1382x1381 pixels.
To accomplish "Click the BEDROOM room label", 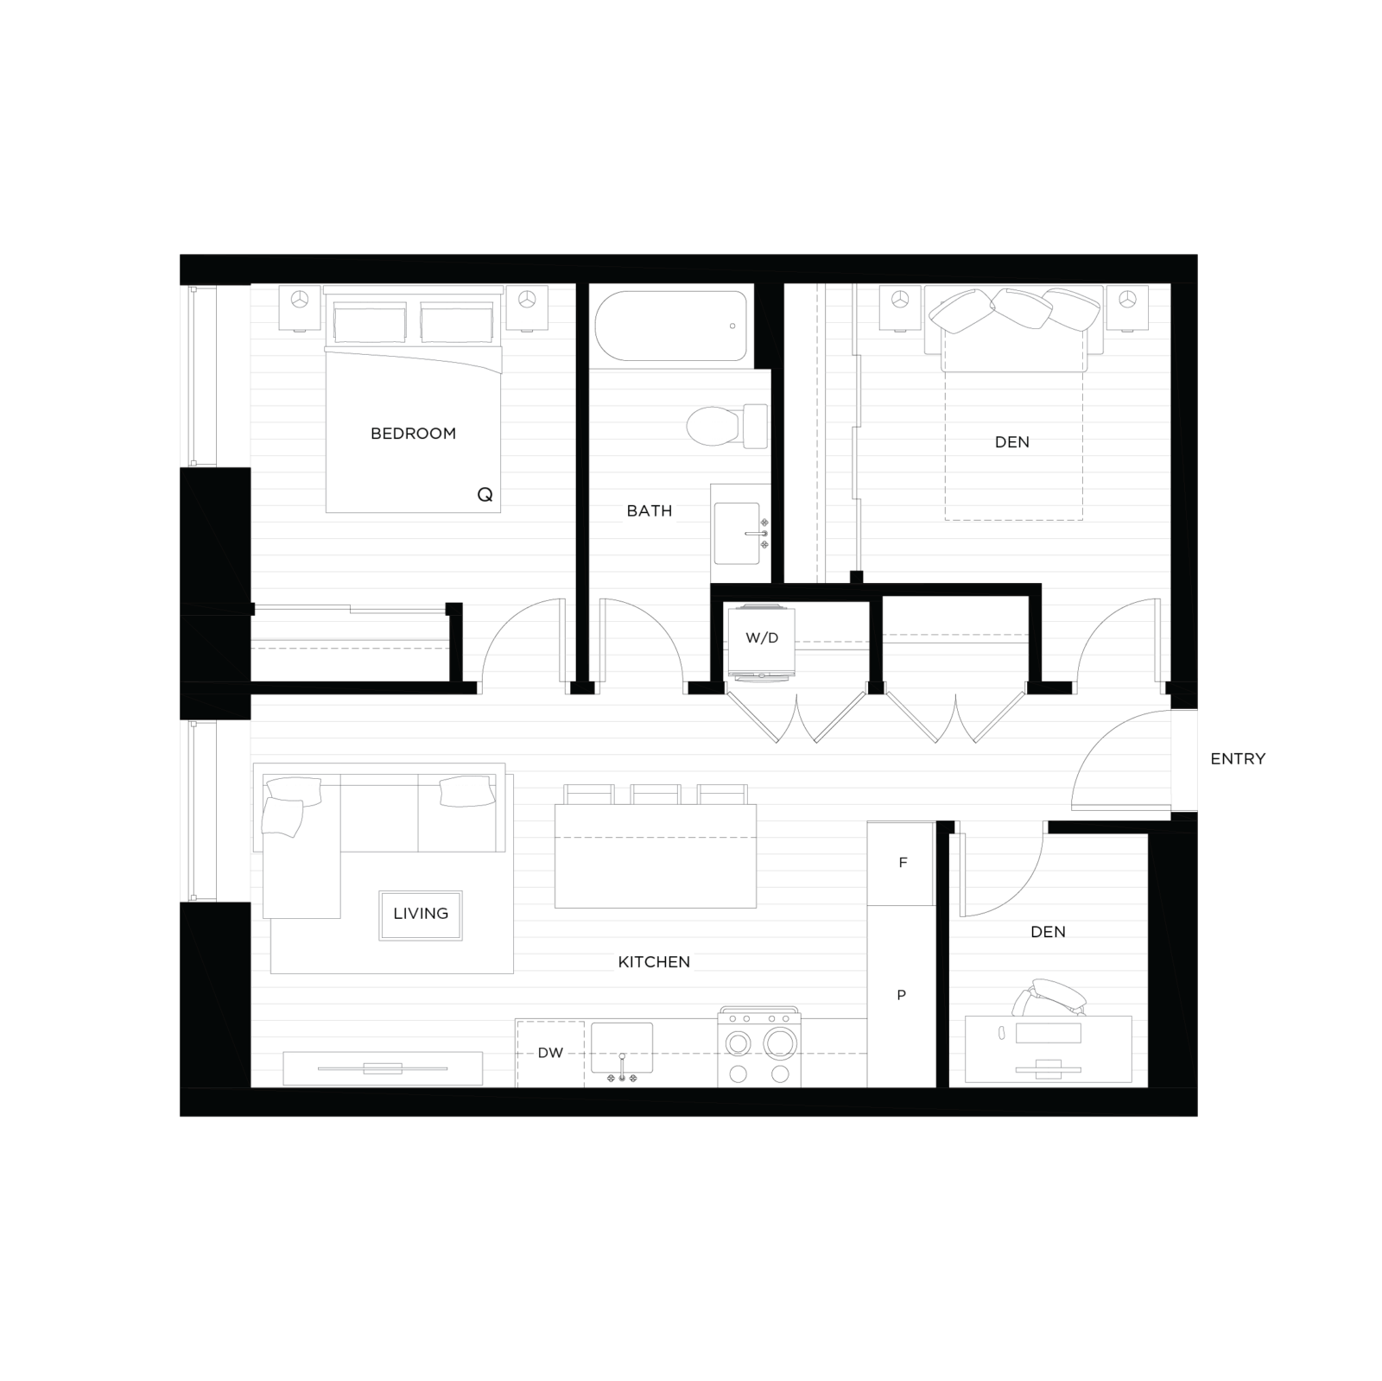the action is pos(413,434).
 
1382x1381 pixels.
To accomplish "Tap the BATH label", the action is pos(650,511).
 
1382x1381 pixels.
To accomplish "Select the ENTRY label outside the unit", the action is pos(1238,759).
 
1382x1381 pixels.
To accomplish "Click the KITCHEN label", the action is pos(654,962).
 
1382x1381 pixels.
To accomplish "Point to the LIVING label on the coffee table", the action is pos(421,914).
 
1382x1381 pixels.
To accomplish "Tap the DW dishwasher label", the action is pos(550,1053).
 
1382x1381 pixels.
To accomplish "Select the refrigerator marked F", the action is pos(901,863).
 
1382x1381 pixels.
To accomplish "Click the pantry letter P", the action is pos(902,995).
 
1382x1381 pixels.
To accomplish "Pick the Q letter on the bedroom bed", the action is pos(485,495).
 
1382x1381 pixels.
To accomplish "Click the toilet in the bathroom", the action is pos(727,426).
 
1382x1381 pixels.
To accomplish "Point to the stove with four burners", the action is pos(759,1048).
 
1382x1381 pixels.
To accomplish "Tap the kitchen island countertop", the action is pos(656,856).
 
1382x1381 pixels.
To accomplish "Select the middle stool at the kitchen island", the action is pos(656,795).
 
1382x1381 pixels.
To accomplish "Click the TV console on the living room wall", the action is pos(383,1068).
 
